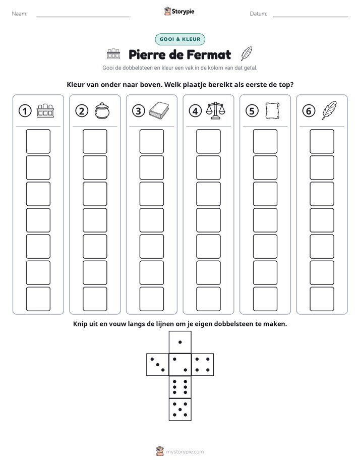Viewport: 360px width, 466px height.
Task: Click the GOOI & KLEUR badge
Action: point(180,39)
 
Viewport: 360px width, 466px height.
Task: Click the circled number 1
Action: point(25,111)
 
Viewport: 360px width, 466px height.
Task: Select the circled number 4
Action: point(195,111)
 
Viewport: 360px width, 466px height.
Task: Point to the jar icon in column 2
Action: point(102,111)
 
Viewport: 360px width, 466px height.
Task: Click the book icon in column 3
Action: point(159,111)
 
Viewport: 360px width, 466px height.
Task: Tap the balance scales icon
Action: point(216,110)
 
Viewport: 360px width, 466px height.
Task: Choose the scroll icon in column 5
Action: point(272,111)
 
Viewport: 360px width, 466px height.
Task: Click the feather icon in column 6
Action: point(329,110)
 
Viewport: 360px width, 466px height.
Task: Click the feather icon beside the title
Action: point(246,54)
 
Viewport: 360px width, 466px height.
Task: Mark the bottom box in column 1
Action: point(38,299)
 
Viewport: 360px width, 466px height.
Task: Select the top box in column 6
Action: point(322,141)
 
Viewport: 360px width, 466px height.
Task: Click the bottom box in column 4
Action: point(209,299)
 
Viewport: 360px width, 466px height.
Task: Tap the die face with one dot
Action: point(180,342)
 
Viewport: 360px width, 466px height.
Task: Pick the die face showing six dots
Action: point(180,387)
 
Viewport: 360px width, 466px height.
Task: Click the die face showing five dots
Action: point(180,410)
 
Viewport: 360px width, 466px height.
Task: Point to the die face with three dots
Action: point(158,365)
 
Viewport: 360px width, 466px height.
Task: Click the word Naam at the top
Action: point(20,14)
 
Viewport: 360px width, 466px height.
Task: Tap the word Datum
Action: point(259,14)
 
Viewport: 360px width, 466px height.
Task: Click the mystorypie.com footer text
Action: point(185,452)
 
